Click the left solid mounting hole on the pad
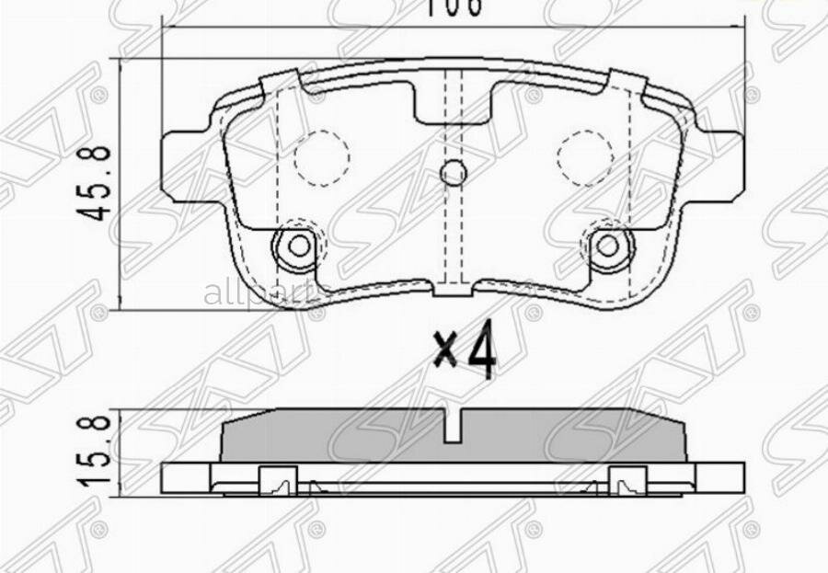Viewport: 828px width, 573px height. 297,245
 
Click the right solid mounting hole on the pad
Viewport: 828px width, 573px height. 606,245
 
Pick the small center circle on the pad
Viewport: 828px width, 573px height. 453,172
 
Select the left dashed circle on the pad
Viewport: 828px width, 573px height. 321,156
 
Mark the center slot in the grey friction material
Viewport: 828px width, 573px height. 453,426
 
